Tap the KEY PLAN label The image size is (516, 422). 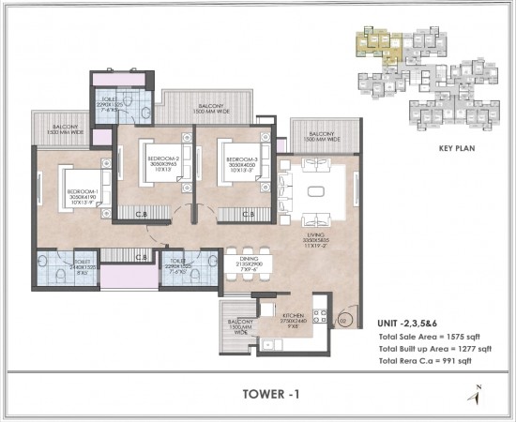(x=459, y=148)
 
